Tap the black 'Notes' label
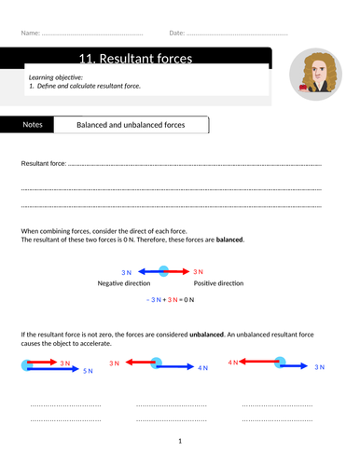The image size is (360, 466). tap(33, 124)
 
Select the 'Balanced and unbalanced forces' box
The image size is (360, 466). tap(131, 124)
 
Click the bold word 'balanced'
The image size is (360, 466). tap(230, 240)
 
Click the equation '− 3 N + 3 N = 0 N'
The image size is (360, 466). tap(173, 300)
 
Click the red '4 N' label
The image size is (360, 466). tap(233, 360)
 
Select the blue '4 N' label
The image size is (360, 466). tap(201, 369)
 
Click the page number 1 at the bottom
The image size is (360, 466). tap(180, 441)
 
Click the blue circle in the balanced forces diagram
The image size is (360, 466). tap(163, 271)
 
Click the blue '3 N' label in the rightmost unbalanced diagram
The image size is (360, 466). tap(319, 368)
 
